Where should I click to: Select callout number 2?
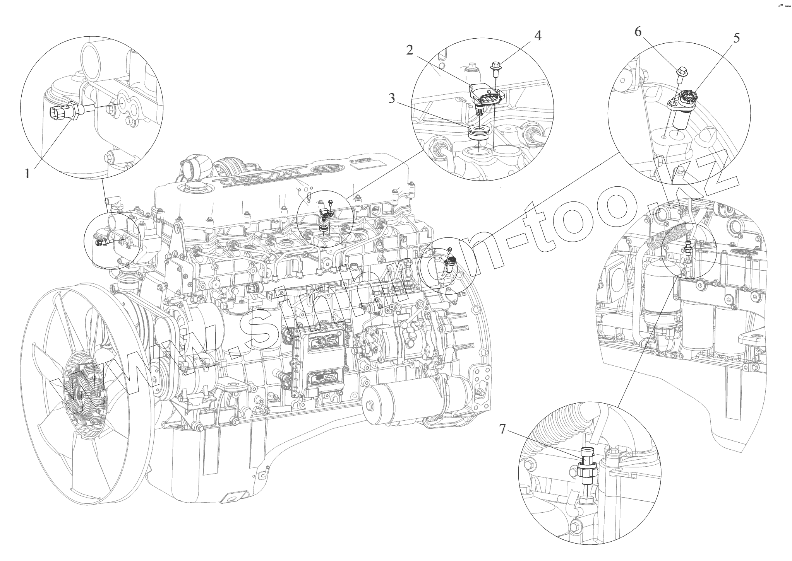(x=410, y=50)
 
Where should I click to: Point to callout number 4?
(x=538, y=36)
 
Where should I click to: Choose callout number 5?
(x=736, y=38)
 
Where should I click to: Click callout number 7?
(x=502, y=429)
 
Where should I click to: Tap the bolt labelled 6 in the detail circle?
(x=682, y=75)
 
